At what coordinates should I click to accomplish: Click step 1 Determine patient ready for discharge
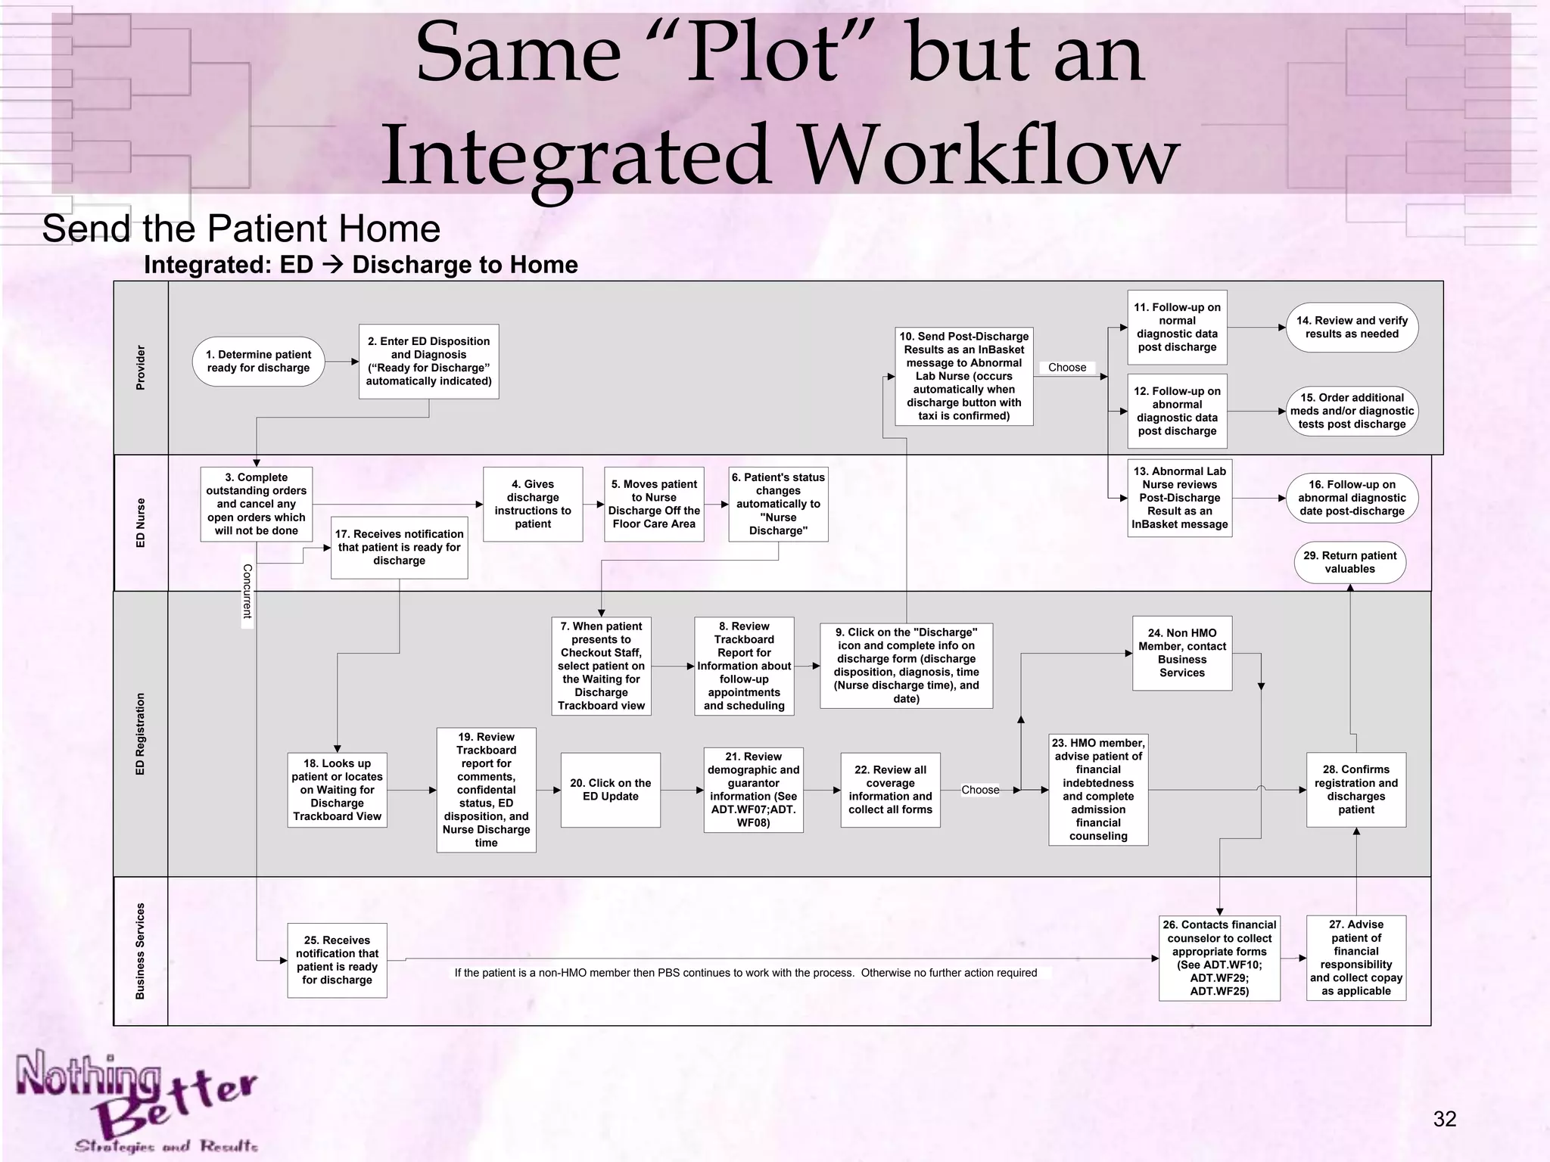pos(258,362)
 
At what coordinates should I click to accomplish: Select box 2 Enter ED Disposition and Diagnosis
pos(428,362)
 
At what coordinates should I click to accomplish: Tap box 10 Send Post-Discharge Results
pos(963,376)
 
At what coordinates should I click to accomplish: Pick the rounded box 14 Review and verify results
pos(1352,328)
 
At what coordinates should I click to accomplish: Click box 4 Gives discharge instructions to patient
pos(533,504)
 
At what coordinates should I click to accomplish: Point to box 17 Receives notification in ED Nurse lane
pos(399,547)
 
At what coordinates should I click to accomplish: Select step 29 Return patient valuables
pos(1349,562)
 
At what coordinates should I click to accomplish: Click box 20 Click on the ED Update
pos(610,790)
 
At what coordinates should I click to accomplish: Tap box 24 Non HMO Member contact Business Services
pos(1181,653)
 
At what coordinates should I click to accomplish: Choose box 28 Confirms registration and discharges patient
pos(1355,790)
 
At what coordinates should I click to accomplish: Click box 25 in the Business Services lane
pos(337,960)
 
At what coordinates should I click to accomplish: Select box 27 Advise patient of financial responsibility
pos(1355,958)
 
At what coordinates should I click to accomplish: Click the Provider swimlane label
pos(141,368)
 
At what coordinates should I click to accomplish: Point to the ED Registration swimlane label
pos(141,734)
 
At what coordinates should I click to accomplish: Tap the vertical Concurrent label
pos(247,591)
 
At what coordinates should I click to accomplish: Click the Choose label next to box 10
pos(1067,368)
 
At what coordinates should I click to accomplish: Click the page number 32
pos(1444,1119)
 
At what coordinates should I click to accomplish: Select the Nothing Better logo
pos(136,1101)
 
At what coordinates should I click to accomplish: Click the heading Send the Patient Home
pos(241,228)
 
